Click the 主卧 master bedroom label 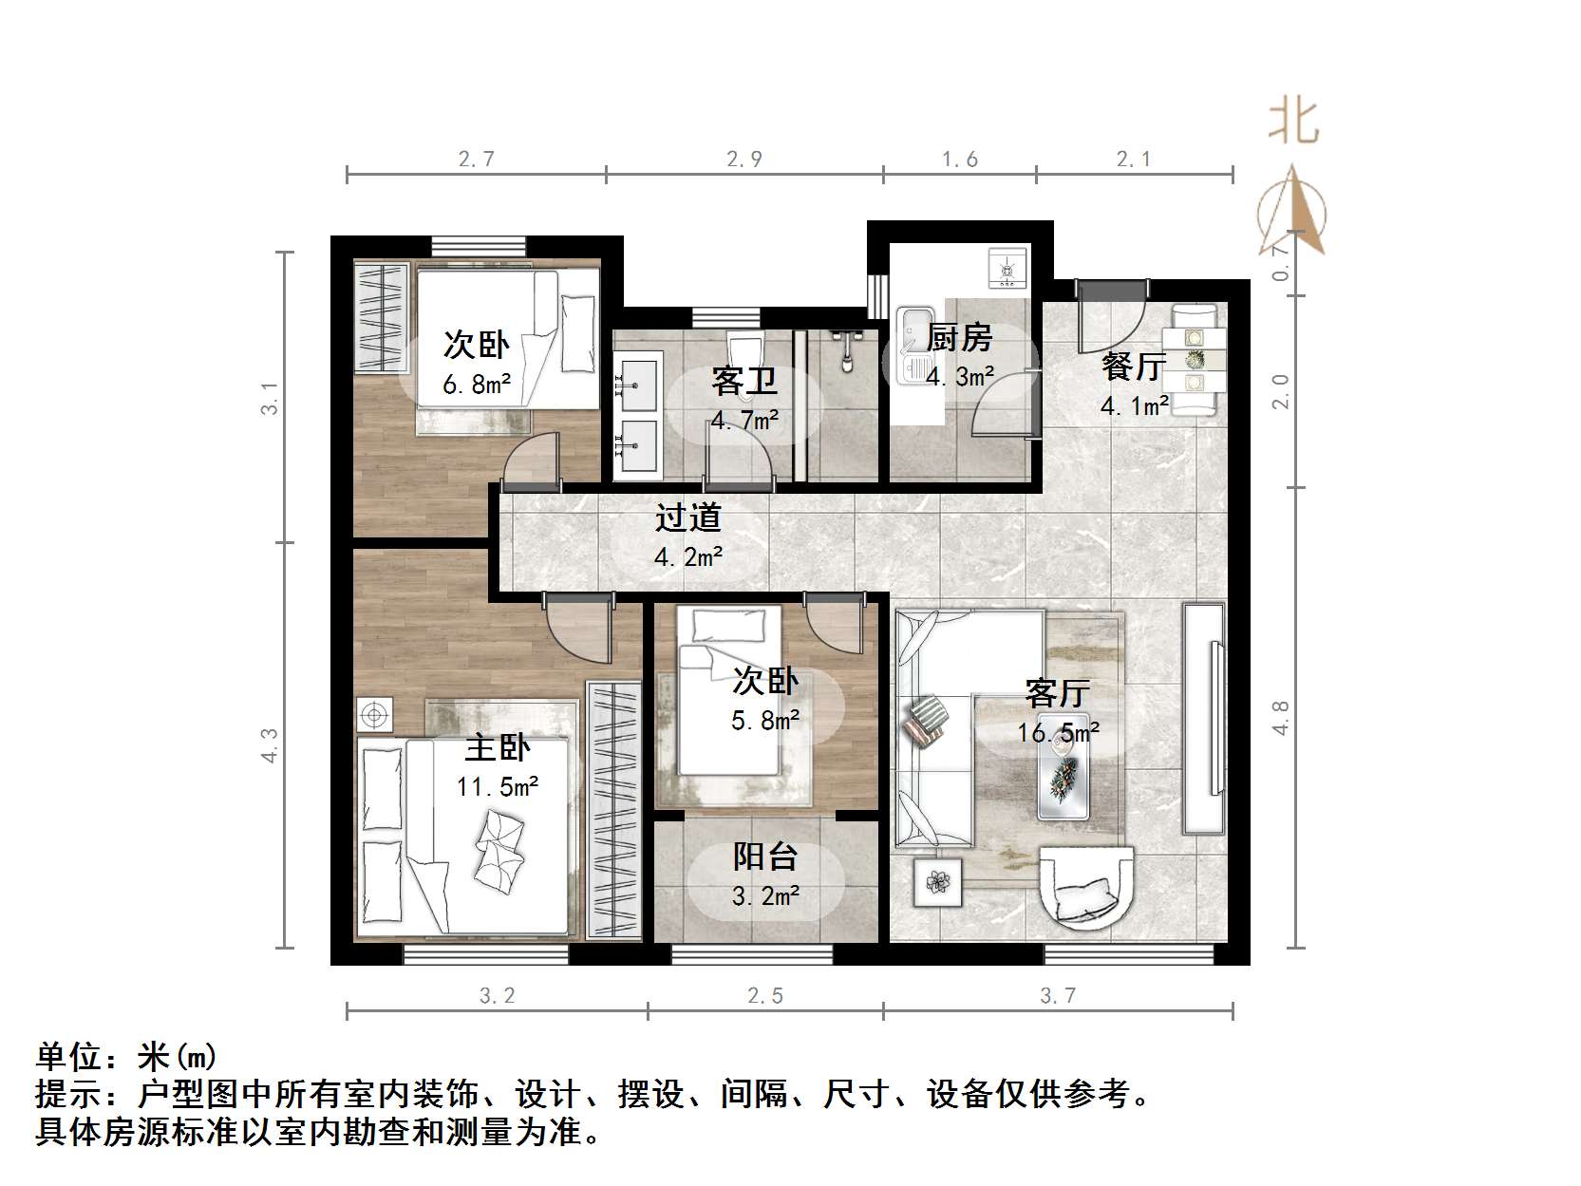tap(497, 748)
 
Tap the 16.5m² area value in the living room tap(1058, 732)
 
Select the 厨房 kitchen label tap(959, 337)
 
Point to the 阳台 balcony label tap(764, 857)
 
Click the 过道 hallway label tap(688, 518)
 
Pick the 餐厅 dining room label tap(1134, 366)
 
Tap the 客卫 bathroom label tap(744, 381)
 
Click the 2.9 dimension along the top tap(744, 159)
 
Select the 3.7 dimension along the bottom tap(1058, 995)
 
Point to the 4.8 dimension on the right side tap(1280, 718)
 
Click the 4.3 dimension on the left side tap(271, 744)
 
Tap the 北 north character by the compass tap(1293, 122)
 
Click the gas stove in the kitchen tap(1007, 268)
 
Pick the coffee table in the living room tap(1063, 777)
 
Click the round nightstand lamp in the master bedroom tap(375, 713)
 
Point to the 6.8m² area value tap(477, 384)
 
